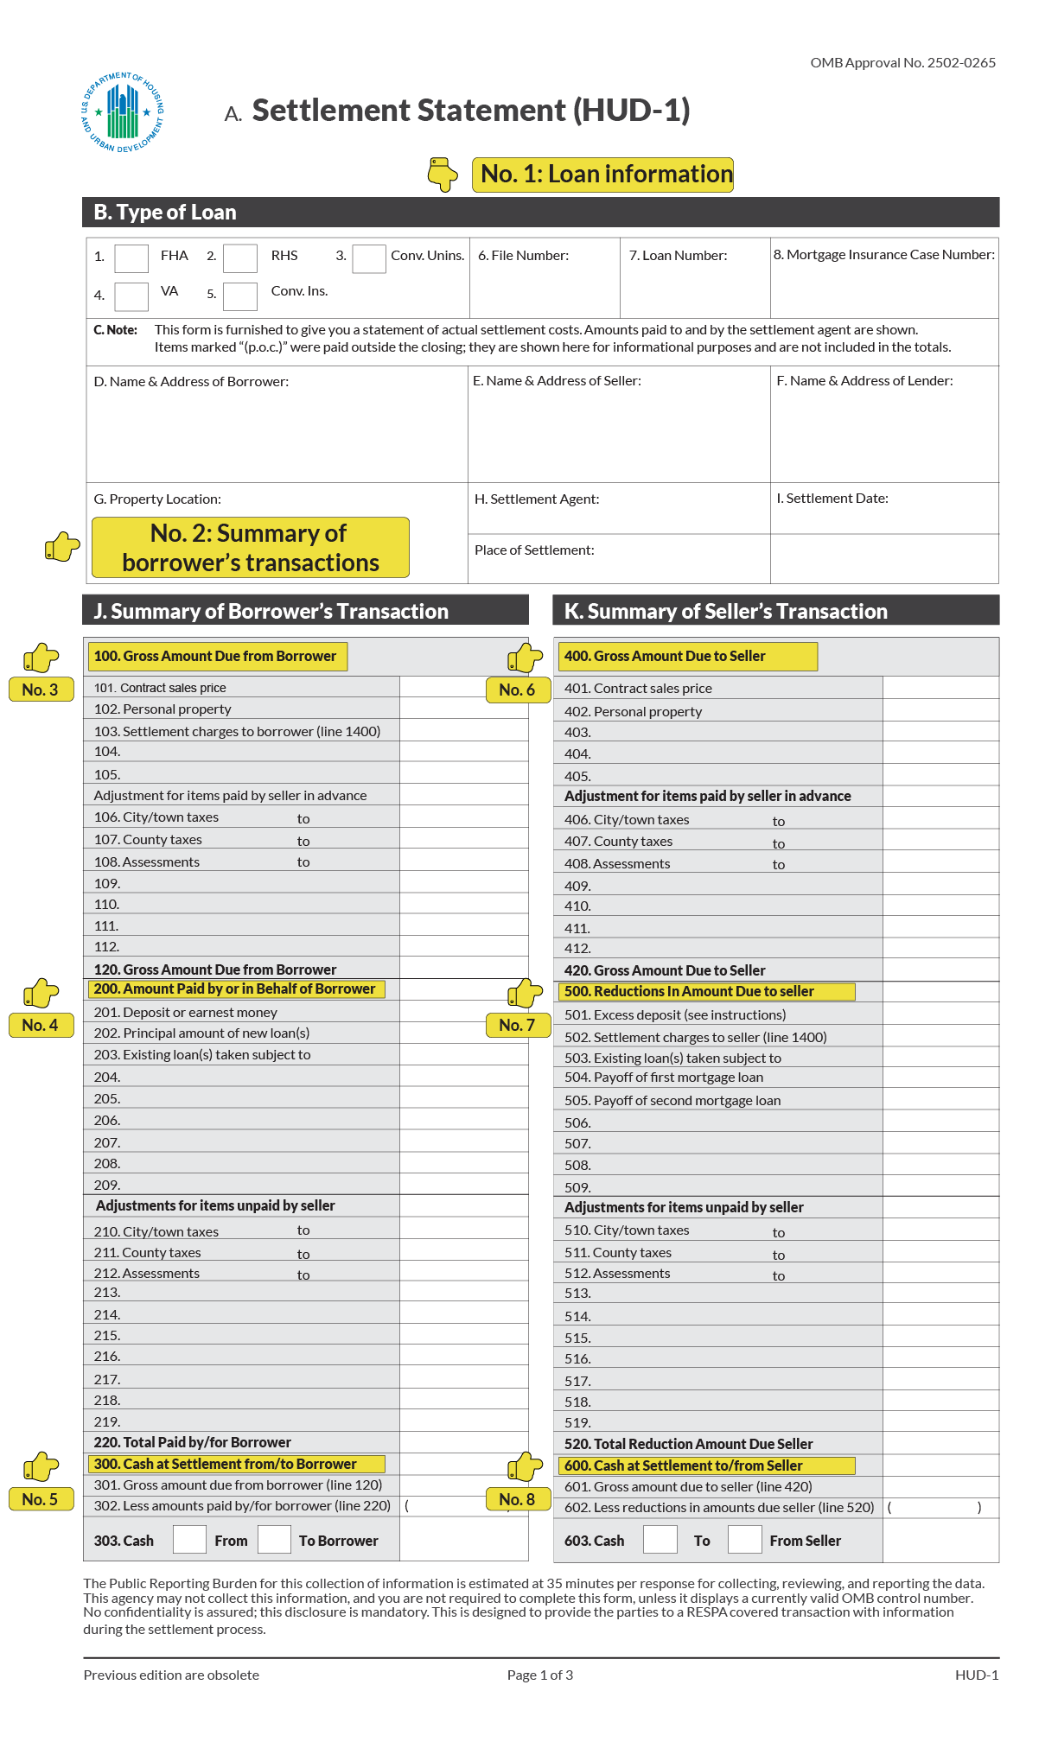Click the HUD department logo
(122, 112)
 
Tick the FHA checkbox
(131, 257)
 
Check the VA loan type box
(131, 296)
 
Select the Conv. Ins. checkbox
(240, 296)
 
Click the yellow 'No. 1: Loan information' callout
(602, 175)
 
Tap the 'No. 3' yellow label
(41, 690)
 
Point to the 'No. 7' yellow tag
(518, 1025)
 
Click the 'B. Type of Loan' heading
(165, 213)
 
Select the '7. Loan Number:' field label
(678, 256)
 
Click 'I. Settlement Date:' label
(832, 499)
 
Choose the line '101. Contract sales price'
(161, 688)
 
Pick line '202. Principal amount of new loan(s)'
(201, 1033)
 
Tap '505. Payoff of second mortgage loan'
(672, 1101)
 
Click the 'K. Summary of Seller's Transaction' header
(726, 612)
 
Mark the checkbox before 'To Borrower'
(274, 1540)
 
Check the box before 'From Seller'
(744, 1540)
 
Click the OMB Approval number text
(902, 63)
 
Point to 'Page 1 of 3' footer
(540, 1675)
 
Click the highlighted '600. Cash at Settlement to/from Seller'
(684, 1466)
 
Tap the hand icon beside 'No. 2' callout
(62, 547)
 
